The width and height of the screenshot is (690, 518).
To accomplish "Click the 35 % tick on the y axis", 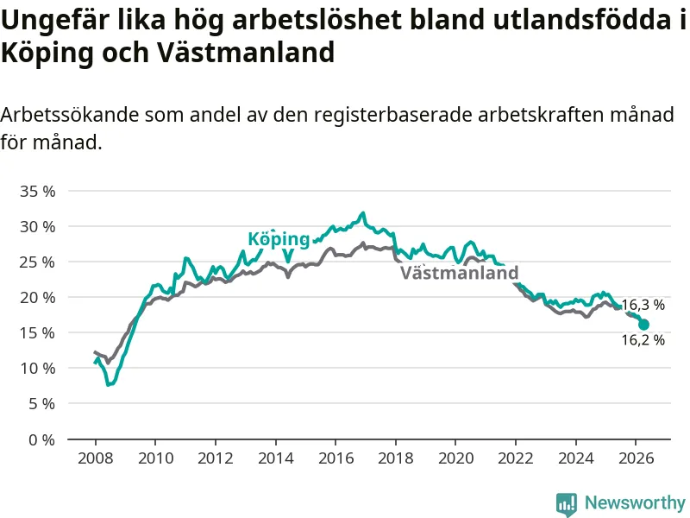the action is click(x=37, y=192).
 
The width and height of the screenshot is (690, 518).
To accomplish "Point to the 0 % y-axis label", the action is click(x=41, y=439).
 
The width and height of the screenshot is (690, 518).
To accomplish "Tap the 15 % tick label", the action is click(x=37, y=333).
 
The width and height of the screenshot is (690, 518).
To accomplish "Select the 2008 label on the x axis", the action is click(x=96, y=458).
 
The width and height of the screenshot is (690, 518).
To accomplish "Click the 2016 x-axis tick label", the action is click(x=336, y=458).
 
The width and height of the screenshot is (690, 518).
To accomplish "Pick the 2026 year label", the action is click(x=636, y=458).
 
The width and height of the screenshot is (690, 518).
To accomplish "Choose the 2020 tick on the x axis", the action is click(x=456, y=458).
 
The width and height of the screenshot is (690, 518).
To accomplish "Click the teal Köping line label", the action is click(x=279, y=239).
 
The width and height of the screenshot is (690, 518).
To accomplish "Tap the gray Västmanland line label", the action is click(x=460, y=273).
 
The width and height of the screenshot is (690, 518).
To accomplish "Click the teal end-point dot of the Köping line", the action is click(x=643, y=325).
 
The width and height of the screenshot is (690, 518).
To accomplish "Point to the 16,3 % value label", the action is click(x=643, y=305).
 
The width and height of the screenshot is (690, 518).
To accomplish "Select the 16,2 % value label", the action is click(x=643, y=340).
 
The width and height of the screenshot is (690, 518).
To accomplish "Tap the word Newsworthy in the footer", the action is click(x=635, y=502).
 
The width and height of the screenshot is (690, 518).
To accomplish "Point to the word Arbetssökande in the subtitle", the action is click(x=69, y=115).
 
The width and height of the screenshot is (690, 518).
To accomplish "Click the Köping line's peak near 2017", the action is click(x=363, y=213).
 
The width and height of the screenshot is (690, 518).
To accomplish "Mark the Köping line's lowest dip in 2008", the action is click(x=109, y=385).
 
